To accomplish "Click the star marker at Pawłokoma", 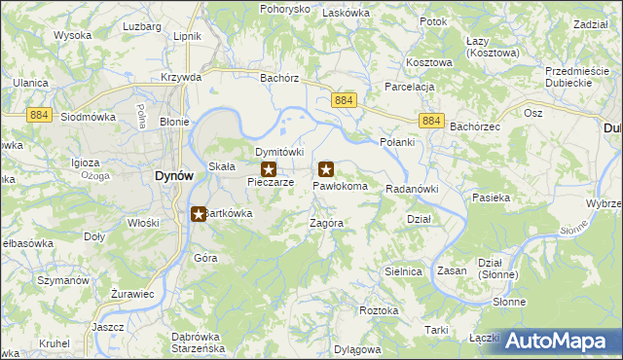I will [x=326, y=169].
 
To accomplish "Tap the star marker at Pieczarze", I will [x=268, y=169].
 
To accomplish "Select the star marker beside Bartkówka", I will [x=199, y=213].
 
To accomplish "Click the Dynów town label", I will [x=174, y=175].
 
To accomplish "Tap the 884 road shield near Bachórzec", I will [x=432, y=121].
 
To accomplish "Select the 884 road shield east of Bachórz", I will [x=344, y=100].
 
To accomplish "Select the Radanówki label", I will [x=413, y=189].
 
